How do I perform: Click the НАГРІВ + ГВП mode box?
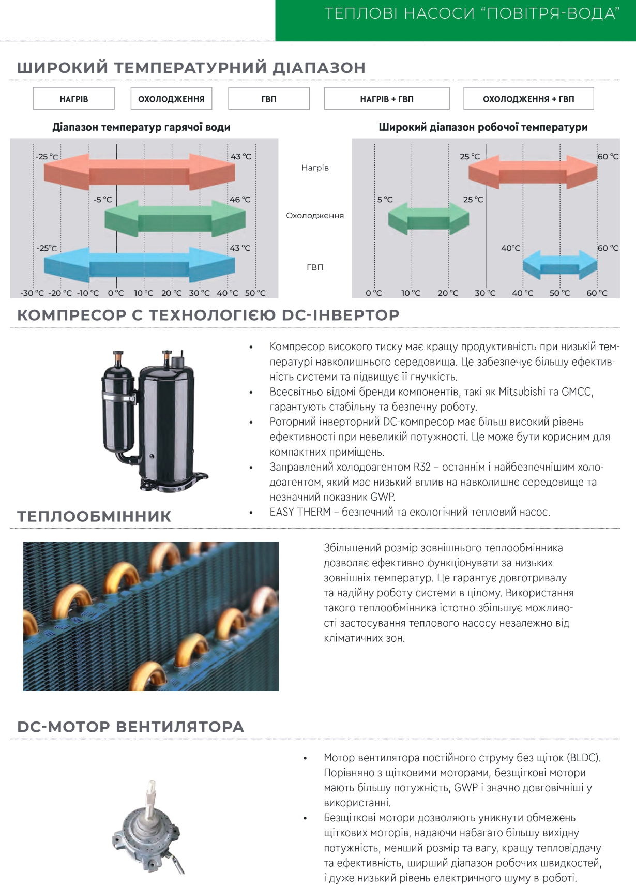click(x=387, y=99)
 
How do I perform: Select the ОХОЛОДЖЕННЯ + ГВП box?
click(x=528, y=99)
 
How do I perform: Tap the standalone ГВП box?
click(x=269, y=99)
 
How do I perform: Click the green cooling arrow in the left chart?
click(x=175, y=219)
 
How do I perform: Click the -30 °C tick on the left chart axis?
click(x=32, y=293)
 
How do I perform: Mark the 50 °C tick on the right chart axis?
click(x=560, y=293)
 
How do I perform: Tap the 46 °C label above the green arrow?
click(x=240, y=200)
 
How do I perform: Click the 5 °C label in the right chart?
click(x=385, y=200)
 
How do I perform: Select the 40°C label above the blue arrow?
click(x=511, y=248)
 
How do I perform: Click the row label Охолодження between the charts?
click(x=315, y=216)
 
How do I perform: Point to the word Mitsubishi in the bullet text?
click(x=522, y=392)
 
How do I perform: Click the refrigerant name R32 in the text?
click(x=422, y=467)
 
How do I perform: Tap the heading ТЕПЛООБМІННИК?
click(x=94, y=516)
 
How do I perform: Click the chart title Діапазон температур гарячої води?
click(x=141, y=127)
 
